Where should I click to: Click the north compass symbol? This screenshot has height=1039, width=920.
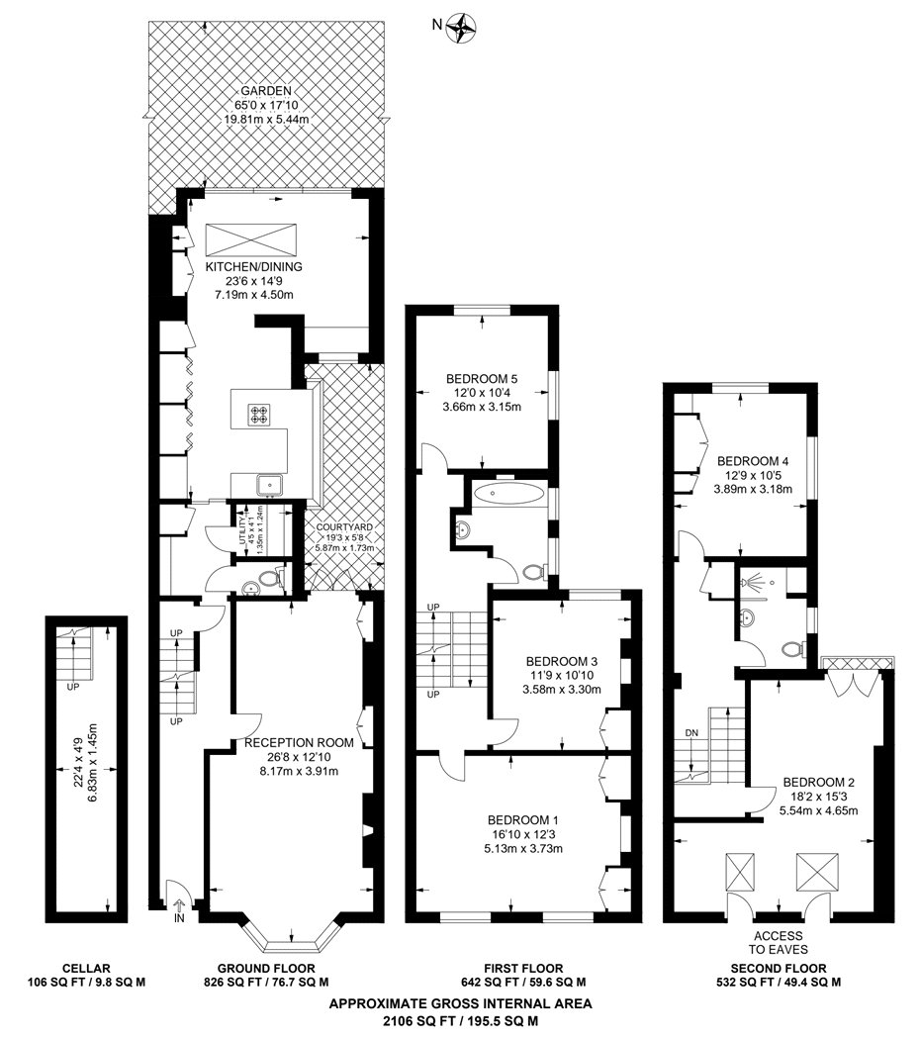pyautogui.click(x=461, y=27)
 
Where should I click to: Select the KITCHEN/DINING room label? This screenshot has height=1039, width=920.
pyautogui.click(x=253, y=267)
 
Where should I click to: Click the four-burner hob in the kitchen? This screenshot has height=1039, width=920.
pyautogui.click(x=258, y=415)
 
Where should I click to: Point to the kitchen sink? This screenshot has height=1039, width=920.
pyautogui.click(x=270, y=485)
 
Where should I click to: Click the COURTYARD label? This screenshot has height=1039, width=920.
pyautogui.click(x=343, y=527)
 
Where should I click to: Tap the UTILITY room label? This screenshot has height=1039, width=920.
pyautogui.click(x=242, y=530)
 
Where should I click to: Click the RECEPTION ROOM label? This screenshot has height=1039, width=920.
pyautogui.click(x=299, y=743)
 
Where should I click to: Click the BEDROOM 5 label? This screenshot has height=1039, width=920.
pyautogui.click(x=482, y=379)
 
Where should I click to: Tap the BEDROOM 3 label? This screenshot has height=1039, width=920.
pyautogui.click(x=562, y=661)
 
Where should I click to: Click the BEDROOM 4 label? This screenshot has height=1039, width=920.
pyautogui.click(x=753, y=461)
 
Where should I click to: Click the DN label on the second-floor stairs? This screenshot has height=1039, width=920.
pyautogui.click(x=691, y=733)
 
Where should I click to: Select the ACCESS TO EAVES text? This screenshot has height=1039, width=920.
pyautogui.click(x=779, y=942)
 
